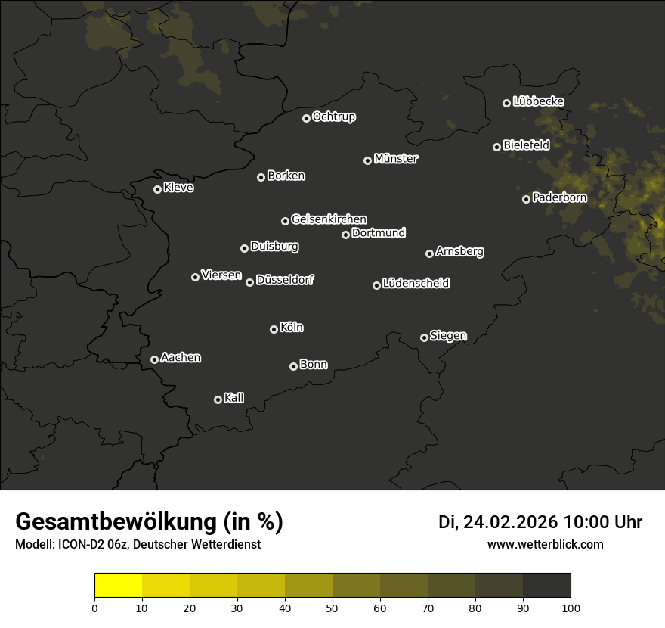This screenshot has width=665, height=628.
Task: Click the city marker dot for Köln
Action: coord(274,329)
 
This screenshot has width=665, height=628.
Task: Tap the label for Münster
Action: coord(395,159)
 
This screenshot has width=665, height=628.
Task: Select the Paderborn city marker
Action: coord(526,199)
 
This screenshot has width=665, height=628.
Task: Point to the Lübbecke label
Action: coord(538,101)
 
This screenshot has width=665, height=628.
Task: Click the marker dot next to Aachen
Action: coord(154,359)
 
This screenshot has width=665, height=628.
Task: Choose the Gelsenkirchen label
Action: coord(329,219)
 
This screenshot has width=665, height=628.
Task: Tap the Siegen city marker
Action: coord(424,337)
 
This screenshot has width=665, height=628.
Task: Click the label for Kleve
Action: coord(178,188)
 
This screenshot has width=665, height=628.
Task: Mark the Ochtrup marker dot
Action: coord(306,118)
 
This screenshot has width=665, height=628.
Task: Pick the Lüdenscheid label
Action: coord(416,284)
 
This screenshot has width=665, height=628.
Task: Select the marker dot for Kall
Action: coord(218,399)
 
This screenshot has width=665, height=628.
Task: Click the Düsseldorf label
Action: coord(285,280)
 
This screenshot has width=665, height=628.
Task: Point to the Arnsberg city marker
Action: coord(429,253)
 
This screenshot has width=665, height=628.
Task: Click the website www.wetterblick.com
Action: coord(545,544)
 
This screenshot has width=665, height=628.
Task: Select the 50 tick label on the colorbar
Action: coord(332,608)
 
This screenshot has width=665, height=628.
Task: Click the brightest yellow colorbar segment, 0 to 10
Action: coord(119,586)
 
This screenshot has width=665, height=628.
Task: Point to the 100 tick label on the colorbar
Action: coord(571,608)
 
